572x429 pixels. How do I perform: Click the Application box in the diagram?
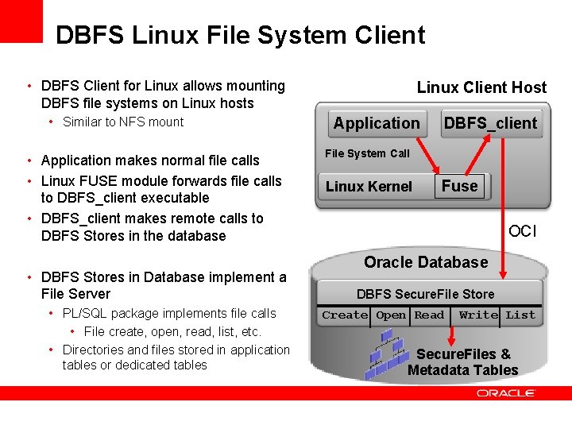377,123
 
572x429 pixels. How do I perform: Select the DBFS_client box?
490,123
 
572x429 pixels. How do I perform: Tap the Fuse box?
460,186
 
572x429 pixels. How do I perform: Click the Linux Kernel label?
369,187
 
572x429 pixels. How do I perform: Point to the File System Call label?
367,153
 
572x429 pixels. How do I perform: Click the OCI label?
523,231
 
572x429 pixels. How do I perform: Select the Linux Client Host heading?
481,87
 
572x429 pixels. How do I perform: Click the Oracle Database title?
426,262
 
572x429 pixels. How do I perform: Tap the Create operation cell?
345,315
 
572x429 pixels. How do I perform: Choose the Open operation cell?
391,315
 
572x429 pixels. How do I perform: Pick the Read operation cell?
429,315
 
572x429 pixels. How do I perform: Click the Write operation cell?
478,315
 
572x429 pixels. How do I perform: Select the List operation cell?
520,315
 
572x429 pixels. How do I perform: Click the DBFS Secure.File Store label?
425,294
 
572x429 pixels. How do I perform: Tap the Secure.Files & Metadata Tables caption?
463,362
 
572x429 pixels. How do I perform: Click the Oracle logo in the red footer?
506,393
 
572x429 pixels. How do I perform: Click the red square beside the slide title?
21,21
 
